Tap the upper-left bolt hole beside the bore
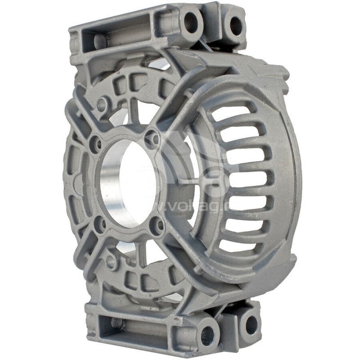tap(96, 144)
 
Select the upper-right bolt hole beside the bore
tap(153, 139)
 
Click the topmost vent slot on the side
tap(234, 112)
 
